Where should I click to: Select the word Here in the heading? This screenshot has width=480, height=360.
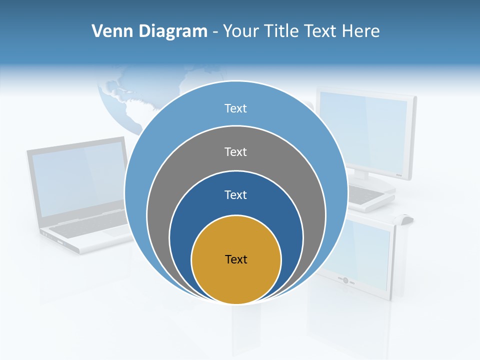pos(360,31)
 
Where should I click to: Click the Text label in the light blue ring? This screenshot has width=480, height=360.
pos(235,108)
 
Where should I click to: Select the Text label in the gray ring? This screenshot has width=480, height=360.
pos(235,151)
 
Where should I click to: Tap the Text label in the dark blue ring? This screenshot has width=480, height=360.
pos(235,195)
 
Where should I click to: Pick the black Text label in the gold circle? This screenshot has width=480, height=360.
pos(236,259)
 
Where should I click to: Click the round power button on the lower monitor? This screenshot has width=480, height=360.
pos(345,280)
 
